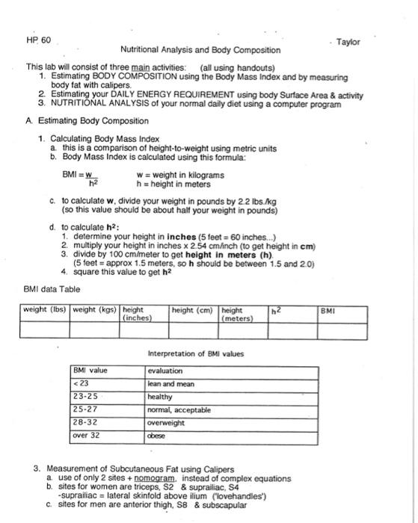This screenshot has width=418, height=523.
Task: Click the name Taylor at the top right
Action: [348, 43]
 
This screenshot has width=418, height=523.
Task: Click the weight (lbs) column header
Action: [45, 309]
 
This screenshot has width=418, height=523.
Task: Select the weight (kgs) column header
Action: [94, 309]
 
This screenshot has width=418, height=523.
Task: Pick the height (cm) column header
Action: [194, 309]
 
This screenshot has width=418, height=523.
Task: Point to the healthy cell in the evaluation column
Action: [161, 397]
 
